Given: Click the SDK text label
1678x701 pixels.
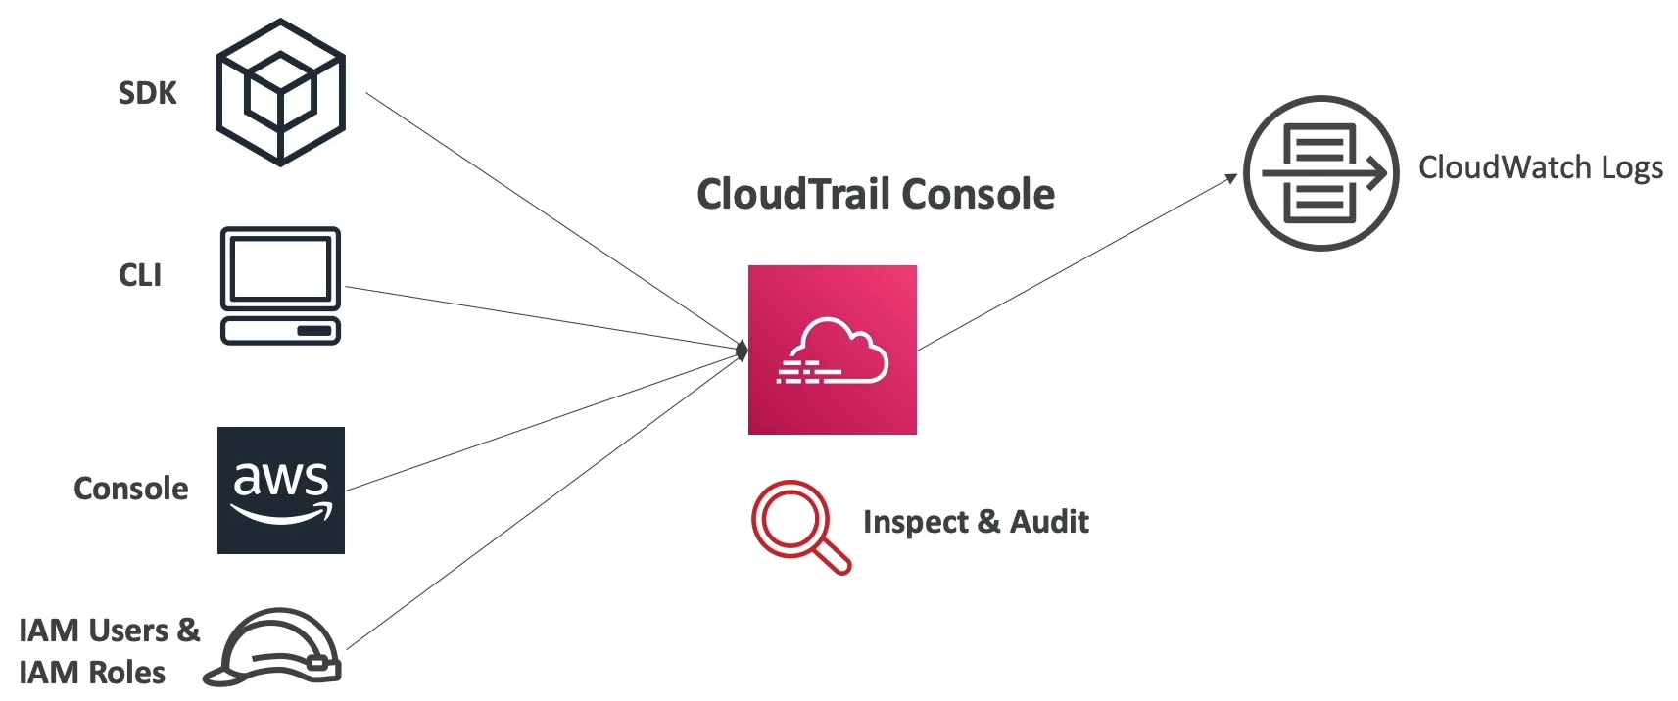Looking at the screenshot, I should [147, 93].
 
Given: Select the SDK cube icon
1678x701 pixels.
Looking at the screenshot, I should [280, 92].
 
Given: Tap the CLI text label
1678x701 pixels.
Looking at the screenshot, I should [140, 275].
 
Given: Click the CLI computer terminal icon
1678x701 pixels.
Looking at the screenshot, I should [280, 286].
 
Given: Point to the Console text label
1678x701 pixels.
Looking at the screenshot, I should [130, 489].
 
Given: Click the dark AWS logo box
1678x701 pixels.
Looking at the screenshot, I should [281, 491].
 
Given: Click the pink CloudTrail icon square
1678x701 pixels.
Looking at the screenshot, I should [833, 350].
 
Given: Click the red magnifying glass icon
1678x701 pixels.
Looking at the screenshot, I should [798, 524].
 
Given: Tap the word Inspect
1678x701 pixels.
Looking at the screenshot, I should [915, 522].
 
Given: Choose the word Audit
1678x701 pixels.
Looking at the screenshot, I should [1049, 522].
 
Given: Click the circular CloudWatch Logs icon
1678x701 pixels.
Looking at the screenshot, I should [1320, 173].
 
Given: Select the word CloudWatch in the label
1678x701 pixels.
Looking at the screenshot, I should [1506, 167].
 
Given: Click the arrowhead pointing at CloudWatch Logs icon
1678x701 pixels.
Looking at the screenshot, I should [1231, 179].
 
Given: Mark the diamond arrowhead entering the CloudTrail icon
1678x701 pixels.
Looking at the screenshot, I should [742, 350].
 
